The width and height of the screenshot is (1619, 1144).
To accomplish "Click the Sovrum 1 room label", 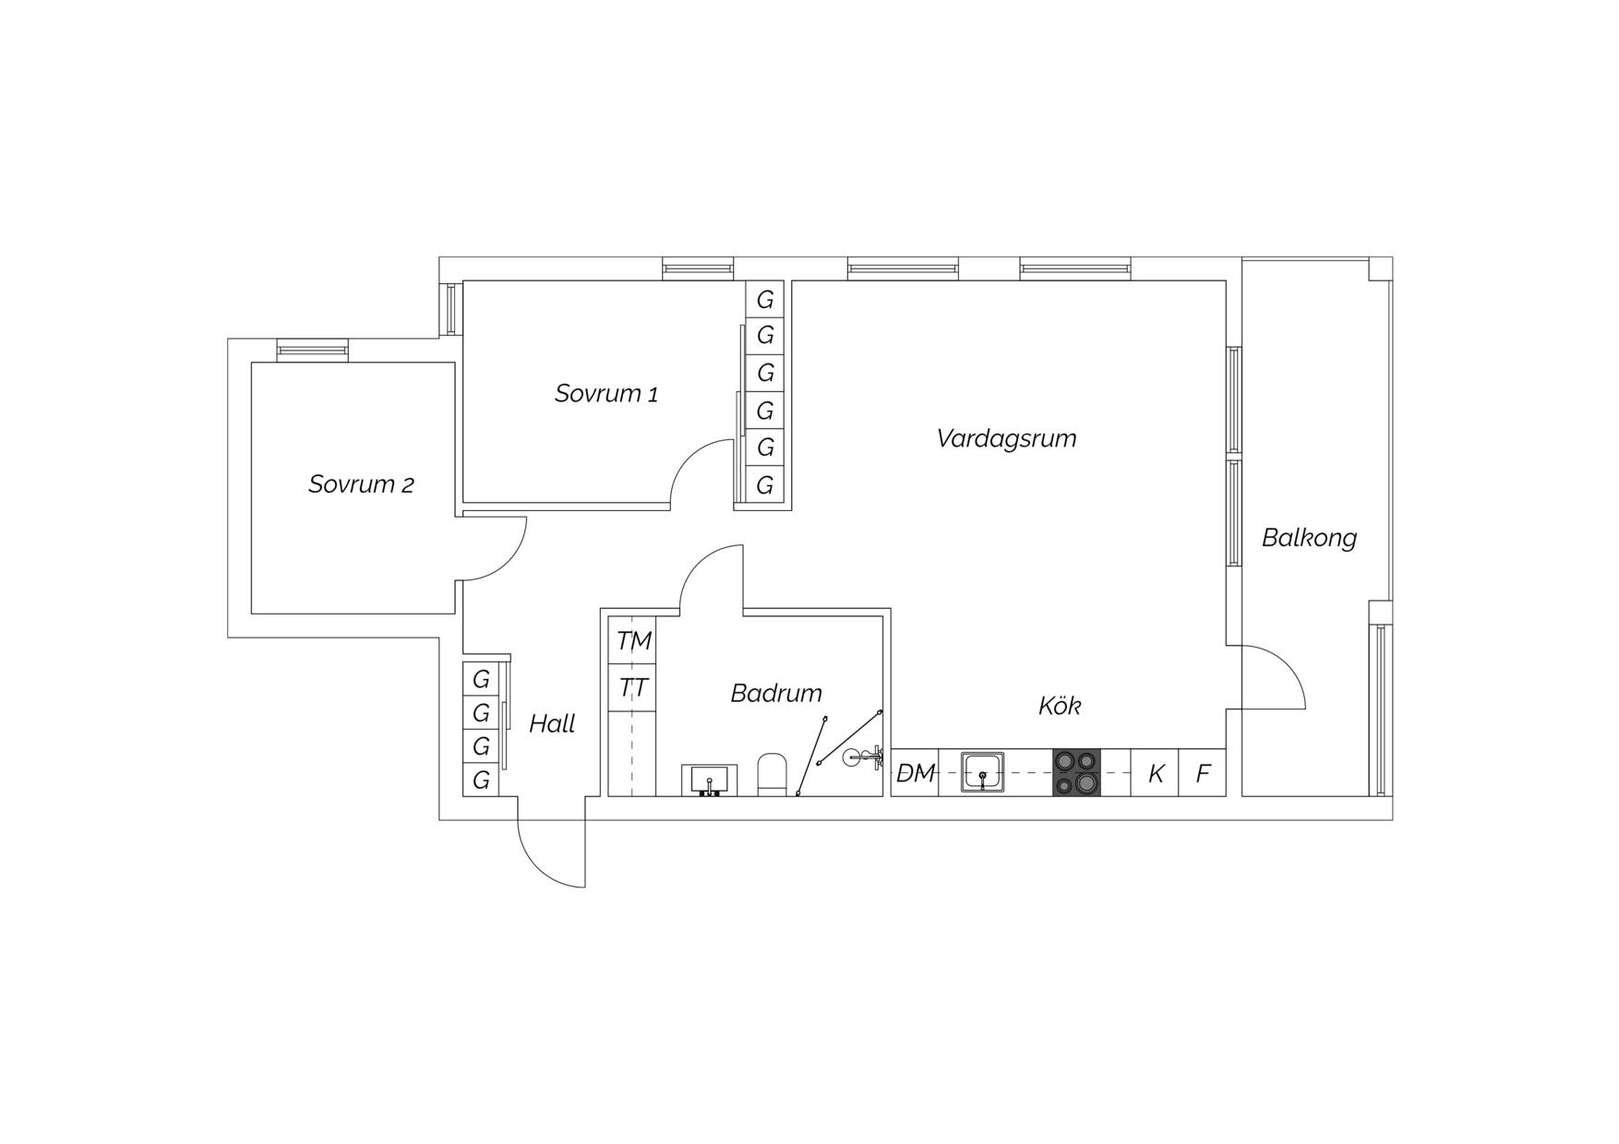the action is (x=606, y=394).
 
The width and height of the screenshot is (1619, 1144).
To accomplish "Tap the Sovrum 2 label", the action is (x=361, y=484).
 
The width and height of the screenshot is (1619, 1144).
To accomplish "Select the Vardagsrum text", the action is (x=1006, y=438).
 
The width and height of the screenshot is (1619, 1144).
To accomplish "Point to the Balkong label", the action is (x=1309, y=538).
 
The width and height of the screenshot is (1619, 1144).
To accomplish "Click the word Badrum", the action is (x=776, y=693).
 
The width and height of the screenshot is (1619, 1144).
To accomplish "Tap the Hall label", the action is (x=552, y=724).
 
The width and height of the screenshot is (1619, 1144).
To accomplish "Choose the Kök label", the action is (x=1060, y=706).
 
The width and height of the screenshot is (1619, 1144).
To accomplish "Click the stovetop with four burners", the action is (x=1076, y=772).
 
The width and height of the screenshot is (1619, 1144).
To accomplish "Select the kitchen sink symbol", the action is (x=983, y=772).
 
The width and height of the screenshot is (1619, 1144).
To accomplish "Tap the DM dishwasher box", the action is (x=916, y=773).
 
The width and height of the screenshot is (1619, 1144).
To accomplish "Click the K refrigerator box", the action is (x=1156, y=773).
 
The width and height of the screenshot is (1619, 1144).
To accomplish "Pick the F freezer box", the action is (x=1203, y=773).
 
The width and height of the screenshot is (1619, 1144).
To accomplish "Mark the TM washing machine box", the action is (x=633, y=641).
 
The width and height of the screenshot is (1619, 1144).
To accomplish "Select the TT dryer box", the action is (x=633, y=688).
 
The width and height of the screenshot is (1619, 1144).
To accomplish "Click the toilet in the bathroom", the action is (x=772, y=775).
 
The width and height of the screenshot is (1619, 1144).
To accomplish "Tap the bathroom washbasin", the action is (x=709, y=780).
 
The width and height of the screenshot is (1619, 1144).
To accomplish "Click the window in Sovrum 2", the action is (x=313, y=350).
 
